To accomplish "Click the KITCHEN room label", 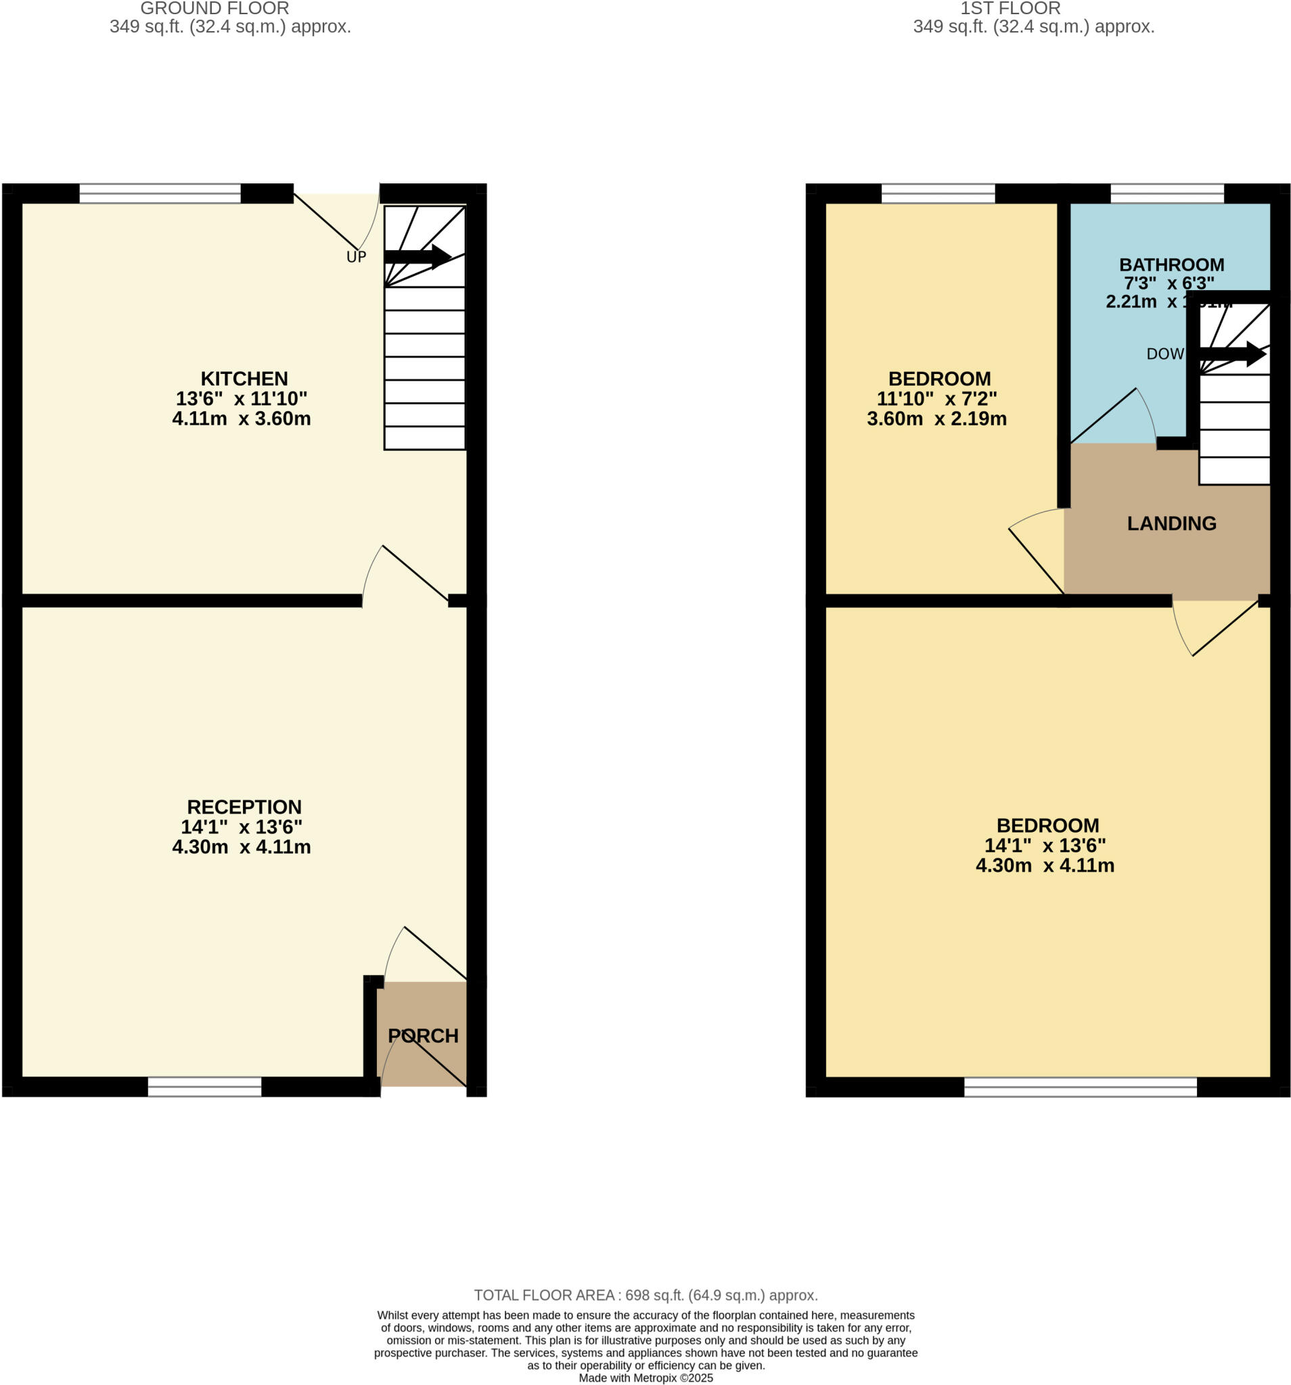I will (244, 378).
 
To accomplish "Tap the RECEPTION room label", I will (244, 807).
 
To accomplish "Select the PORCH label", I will (422, 1036).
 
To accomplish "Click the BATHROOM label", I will (1171, 264).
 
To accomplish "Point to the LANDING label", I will (1171, 523).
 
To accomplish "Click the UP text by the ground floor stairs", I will (355, 257).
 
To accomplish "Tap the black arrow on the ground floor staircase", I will (417, 256).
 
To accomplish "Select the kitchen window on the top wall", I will (160, 193).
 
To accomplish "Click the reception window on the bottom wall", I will (204, 1086).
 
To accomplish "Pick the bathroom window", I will (1167, 193).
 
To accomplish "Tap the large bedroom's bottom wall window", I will (1080, 1086).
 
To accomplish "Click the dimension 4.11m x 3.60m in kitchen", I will (241, 419).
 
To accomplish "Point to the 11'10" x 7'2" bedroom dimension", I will (936, 398).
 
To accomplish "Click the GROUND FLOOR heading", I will (214, 9).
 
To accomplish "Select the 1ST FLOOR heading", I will (1010, 9).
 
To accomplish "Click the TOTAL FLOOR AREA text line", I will (645, 1295).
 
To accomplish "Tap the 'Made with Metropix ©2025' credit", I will (645, 1378).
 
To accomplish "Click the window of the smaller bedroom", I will (938, 193).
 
